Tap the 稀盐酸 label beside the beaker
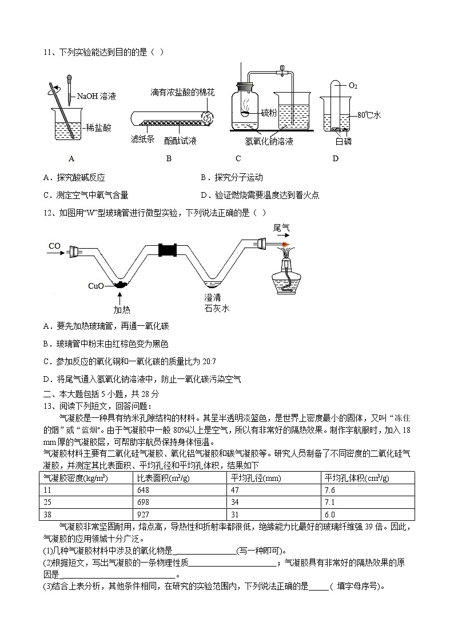pos(98,128)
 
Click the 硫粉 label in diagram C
pos(269,113)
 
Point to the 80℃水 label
pos(369,115)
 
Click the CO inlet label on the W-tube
pos(55,246)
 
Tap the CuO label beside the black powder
pos(96,285)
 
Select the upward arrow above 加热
pos(120,297)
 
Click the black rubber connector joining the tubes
pos(169,250)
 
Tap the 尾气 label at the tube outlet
pos(281,228)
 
